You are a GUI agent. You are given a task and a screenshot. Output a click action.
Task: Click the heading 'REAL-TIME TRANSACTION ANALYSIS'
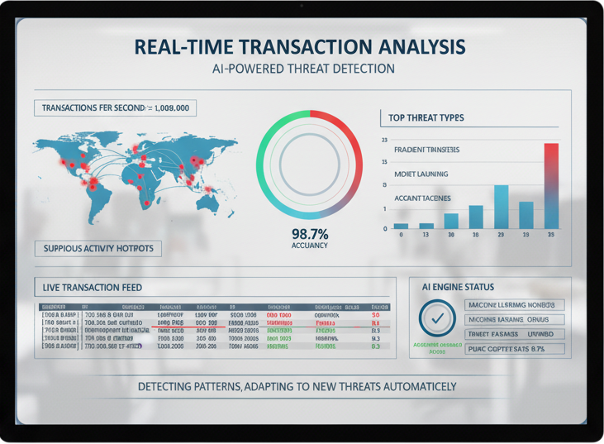click(x=298, y=45)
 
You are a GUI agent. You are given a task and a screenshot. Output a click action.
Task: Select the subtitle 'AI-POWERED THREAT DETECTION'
click(x=303, y=69)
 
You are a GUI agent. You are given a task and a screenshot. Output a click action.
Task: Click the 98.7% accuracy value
click(x=310, y=232)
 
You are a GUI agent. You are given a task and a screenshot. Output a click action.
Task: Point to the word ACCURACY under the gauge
click(x=310, y=246)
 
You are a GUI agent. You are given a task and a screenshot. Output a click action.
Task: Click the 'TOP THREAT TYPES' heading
click(x=421, y=117)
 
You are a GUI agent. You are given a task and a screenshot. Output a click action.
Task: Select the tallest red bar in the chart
click(x=551, y=186)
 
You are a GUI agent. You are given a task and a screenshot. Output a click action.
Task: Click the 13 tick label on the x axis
click(x=426, y=236)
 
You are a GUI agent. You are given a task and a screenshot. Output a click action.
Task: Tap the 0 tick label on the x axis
click(x=401, y=236)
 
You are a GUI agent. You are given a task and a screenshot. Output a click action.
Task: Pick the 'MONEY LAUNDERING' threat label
click(x=421, y=174)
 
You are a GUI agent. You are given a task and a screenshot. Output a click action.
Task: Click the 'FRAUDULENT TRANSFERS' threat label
click(x=427, y=150)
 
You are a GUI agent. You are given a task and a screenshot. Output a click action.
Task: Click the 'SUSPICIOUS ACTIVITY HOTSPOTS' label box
click(x=97, y=248)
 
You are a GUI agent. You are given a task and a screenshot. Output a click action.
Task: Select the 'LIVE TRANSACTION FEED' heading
click(x=92, y=287)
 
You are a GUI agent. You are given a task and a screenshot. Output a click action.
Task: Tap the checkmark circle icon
click(x=437, y=317)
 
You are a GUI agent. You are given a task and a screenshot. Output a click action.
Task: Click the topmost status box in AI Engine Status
click(x=515, y=305)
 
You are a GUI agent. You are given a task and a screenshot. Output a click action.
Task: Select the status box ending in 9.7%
click(x=515, y=349)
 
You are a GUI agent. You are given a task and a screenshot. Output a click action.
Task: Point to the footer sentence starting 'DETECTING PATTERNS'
click(x=297, y=386)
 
